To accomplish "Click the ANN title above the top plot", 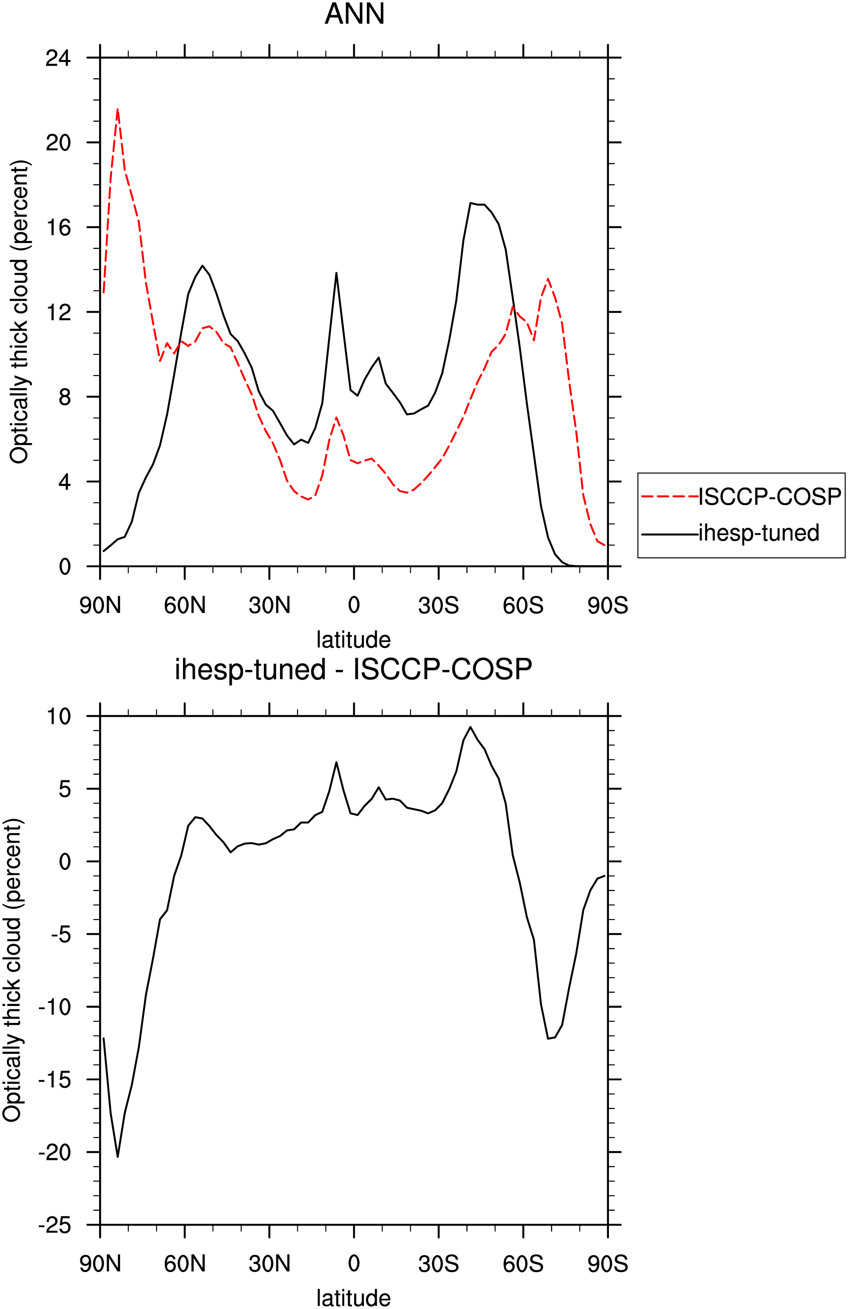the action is (354, 14).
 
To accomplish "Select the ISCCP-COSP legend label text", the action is (770, 496).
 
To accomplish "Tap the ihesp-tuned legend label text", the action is (759, 533).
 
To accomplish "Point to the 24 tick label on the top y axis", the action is (58, 58).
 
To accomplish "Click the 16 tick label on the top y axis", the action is (58, 227).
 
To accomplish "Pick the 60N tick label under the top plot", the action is (185, 606).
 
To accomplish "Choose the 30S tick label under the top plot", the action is (438, 606).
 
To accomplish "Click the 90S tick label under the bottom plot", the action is (608, 1264).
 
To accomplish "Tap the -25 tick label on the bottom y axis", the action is (54, 1226).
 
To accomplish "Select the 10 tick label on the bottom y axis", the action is (58, 716).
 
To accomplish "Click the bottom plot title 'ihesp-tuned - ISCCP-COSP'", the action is (354, 670).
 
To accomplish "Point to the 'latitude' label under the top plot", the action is (354, 640).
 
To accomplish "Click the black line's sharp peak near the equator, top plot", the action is (336, 273).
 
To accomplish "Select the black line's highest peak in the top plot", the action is (470, 203).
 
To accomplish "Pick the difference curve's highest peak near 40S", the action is (470, 726).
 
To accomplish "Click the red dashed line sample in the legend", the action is (670, 496).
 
